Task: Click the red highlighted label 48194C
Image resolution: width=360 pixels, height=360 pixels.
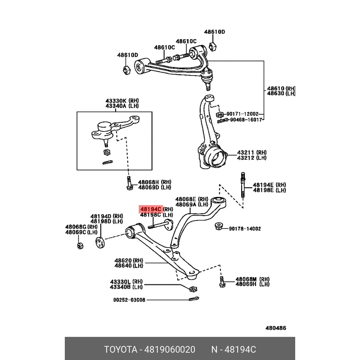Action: [151, 209]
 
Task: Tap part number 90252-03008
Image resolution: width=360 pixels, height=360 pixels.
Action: [129, 300]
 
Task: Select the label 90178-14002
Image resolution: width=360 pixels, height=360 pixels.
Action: [244, 229]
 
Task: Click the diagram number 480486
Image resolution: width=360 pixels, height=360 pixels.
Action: [275, 328]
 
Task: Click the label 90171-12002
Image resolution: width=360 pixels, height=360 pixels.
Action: [243, 114]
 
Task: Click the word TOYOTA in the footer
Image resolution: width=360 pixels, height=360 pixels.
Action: [121, 350]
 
